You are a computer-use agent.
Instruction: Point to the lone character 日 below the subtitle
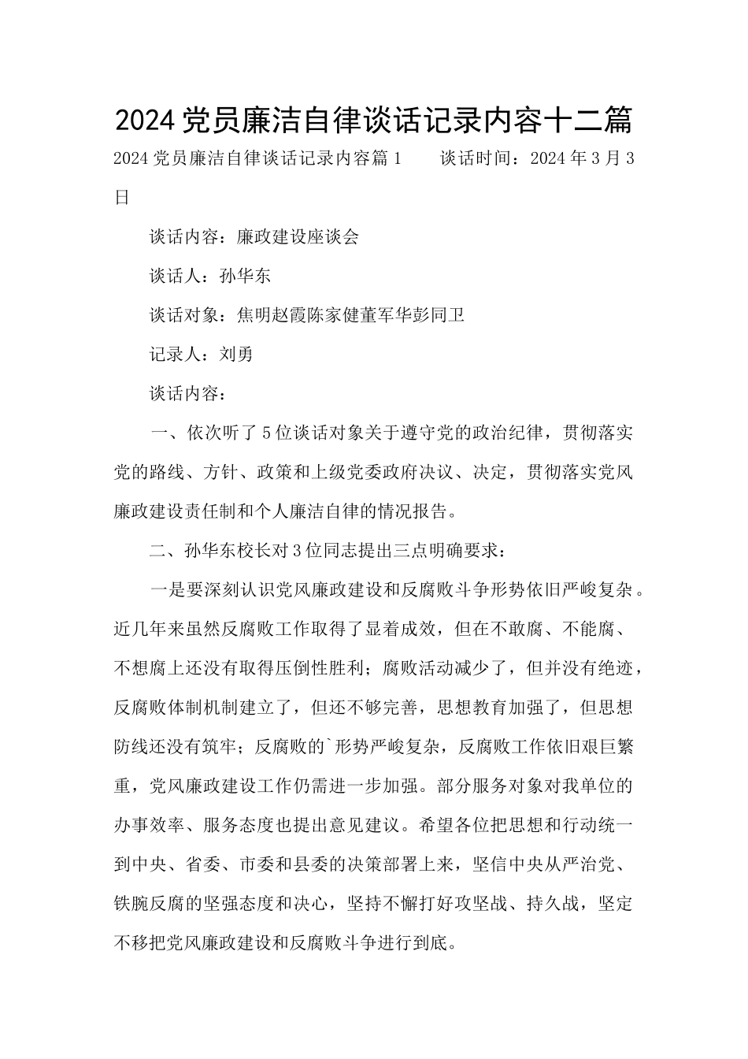click(x=121, y=198)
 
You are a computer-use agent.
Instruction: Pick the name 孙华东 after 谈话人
click(x=245, y=277)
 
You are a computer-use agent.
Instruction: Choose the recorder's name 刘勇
click(x=236, y=355)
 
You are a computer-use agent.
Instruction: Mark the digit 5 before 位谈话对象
click(x=265, y=433)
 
